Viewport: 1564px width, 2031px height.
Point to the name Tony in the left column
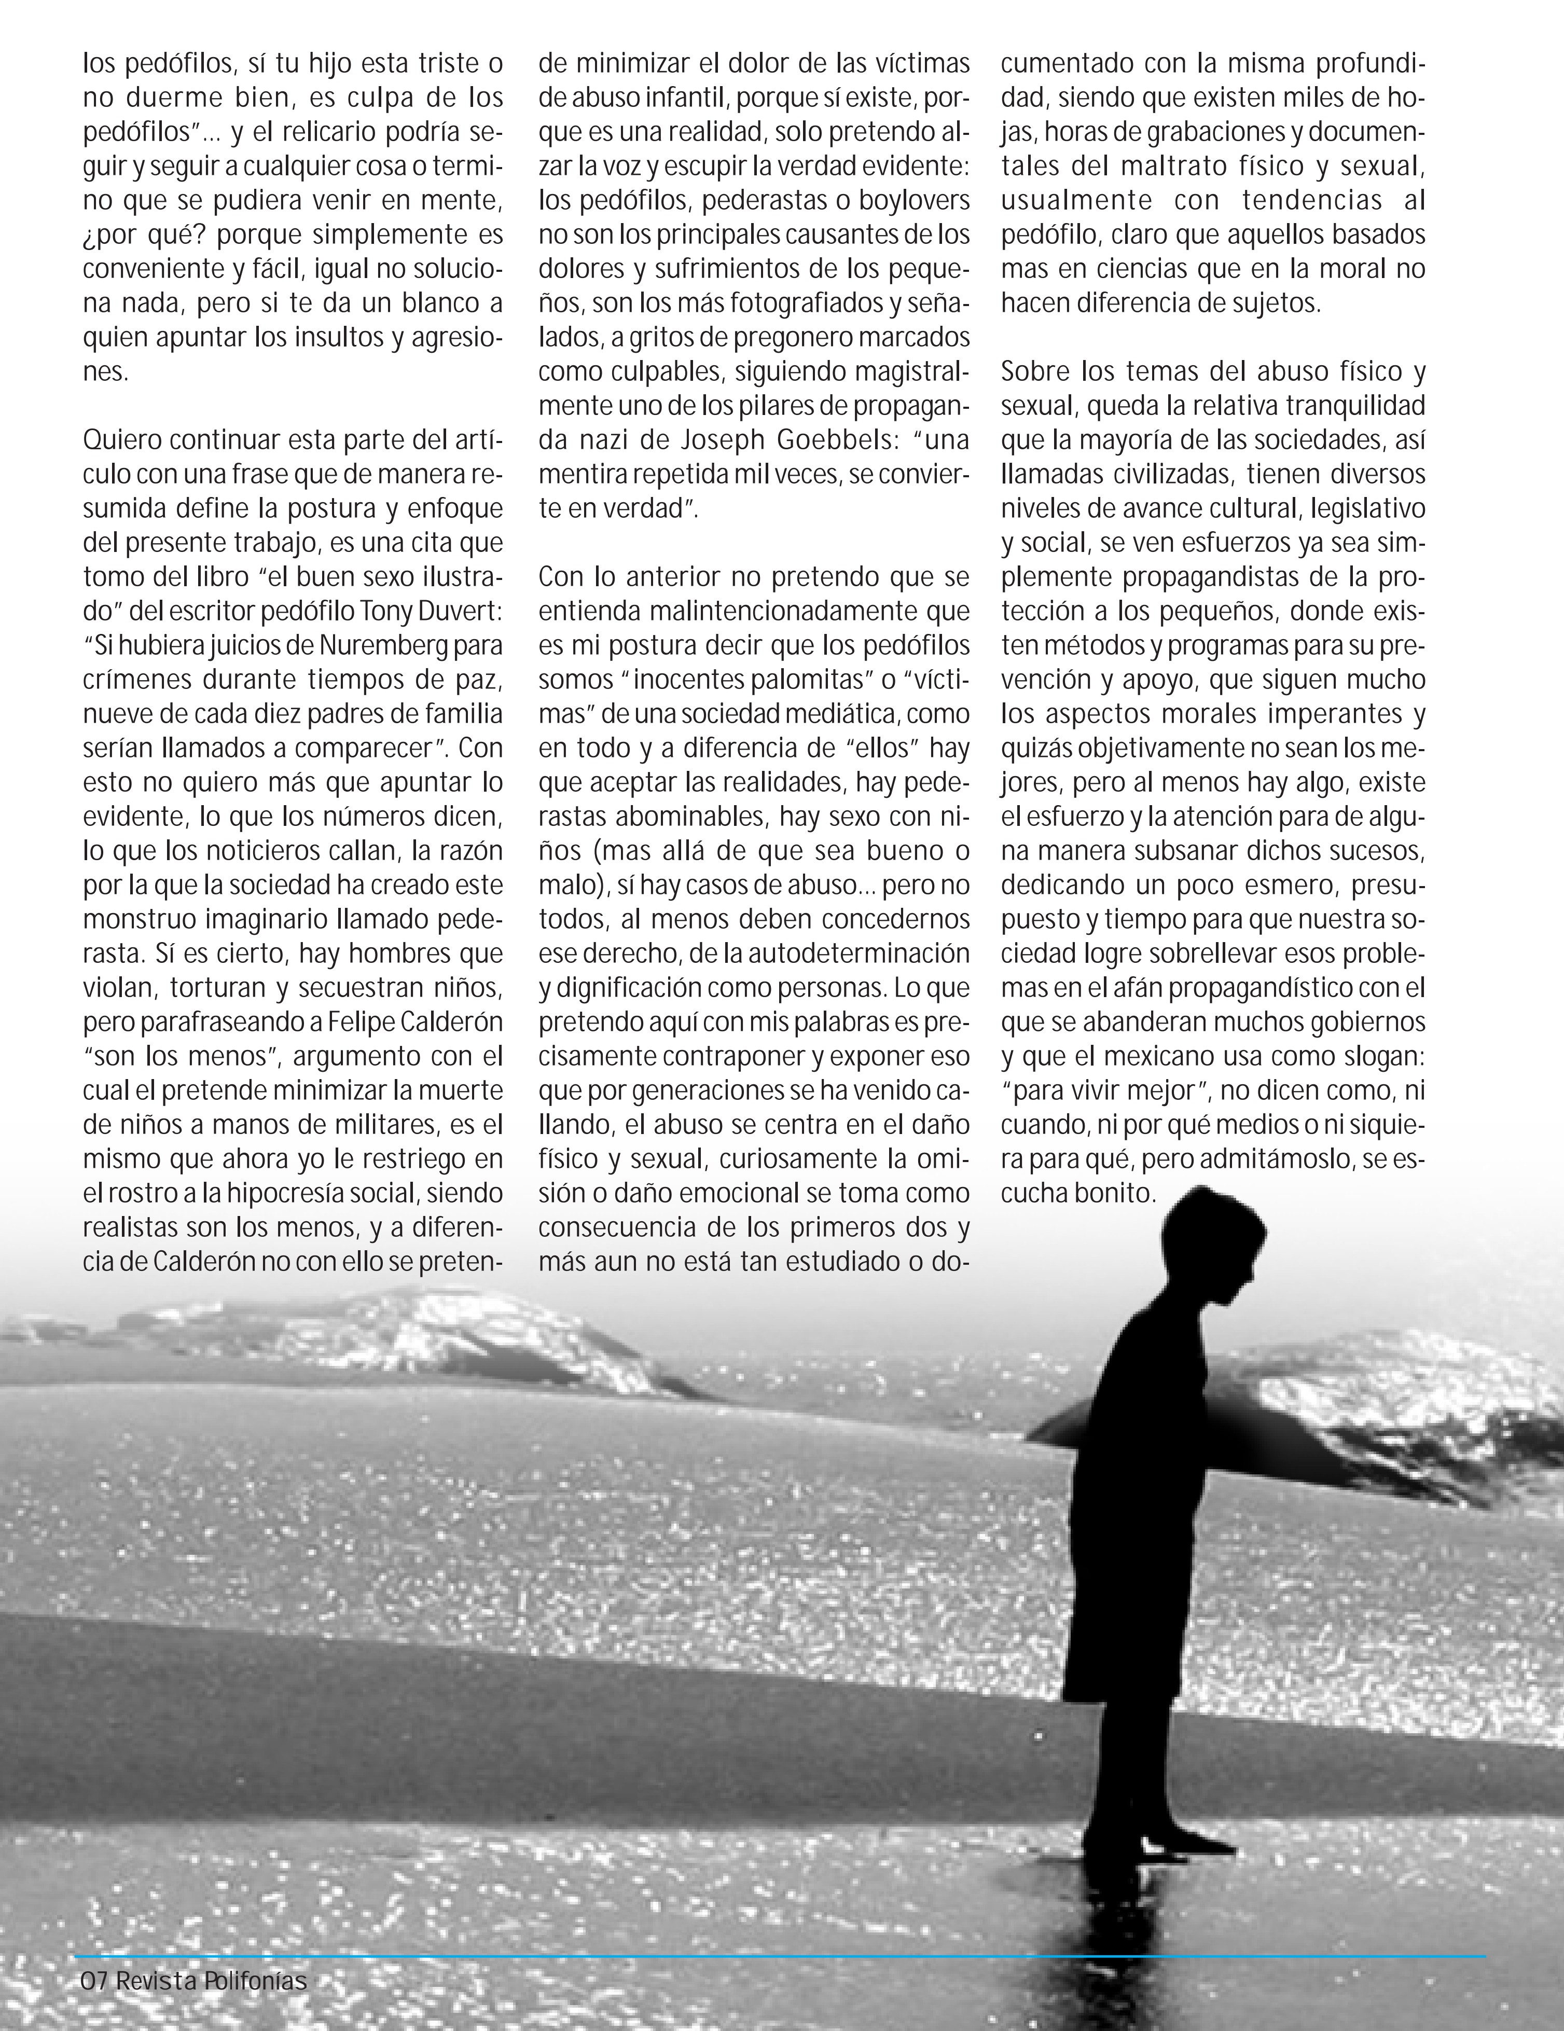(x=386, y=610)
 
